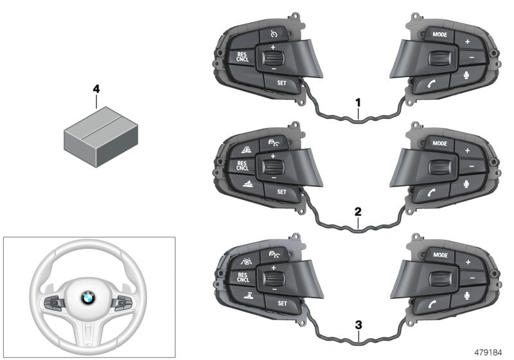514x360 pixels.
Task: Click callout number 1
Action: click(358, 102)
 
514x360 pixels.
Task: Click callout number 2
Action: click(358, 211)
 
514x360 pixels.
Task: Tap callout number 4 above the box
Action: click(96, 89)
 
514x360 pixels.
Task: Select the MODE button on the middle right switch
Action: click(440, 143)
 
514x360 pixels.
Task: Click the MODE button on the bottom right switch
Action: click(440, 255)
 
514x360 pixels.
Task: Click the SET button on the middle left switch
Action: click(281, 192)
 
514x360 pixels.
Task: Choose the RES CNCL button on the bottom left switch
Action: click(242, 277)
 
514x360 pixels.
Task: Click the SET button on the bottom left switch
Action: click(281, 303)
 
